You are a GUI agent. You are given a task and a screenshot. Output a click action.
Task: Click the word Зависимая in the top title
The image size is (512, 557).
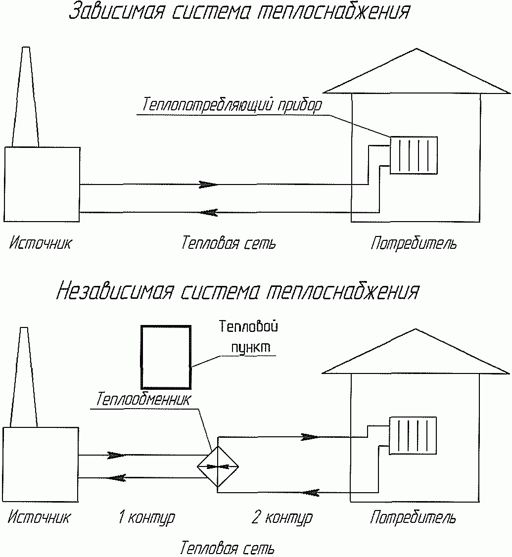[116, 11]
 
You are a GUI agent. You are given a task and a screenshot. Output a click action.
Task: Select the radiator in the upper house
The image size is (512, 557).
[414, 155]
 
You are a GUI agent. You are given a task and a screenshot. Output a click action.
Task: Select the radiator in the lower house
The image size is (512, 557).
[413, 435]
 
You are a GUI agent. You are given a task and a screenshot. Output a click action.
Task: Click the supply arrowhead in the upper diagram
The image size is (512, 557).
[208, 185]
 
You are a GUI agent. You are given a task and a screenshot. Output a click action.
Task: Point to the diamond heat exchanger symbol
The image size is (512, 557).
[218, 467]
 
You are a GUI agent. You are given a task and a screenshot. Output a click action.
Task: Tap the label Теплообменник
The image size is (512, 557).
[143, 399]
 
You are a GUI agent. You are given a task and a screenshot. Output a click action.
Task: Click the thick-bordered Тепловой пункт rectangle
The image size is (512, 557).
[141, 357]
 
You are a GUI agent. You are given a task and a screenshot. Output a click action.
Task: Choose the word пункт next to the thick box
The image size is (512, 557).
[251, 348]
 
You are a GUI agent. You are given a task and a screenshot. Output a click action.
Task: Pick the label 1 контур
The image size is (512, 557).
[146, 517]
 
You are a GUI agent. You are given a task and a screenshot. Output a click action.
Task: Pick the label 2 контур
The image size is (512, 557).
[282, 517]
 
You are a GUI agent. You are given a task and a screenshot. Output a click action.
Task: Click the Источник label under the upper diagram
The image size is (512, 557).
[40, 243]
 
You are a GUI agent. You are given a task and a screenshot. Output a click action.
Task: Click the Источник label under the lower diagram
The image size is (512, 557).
[39, 517]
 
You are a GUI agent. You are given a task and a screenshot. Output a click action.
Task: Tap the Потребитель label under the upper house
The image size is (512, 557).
[414, 244]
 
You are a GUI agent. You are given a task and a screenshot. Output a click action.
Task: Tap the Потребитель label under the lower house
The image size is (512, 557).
[413, 517]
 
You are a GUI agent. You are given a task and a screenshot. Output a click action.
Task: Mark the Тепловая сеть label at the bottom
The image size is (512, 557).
[228, 548]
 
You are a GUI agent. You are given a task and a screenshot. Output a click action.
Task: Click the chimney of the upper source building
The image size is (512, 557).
[26, 96]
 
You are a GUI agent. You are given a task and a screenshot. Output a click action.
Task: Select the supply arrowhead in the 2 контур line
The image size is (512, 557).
[310, 437]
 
